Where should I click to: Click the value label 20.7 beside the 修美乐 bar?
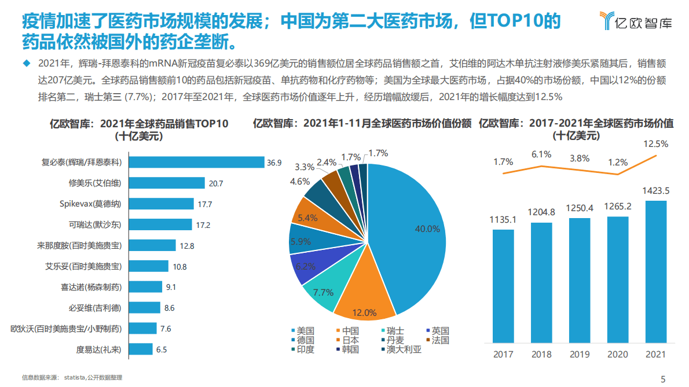coord(215,183)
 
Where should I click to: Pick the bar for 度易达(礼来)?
coord(140,349)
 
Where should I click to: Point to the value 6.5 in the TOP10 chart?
coord(162,349)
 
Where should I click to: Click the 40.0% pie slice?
coord(405,231)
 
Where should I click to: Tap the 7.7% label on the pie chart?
coord(323,292)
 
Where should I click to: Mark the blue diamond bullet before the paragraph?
coord(25,62)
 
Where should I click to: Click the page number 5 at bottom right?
coord(663,379)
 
